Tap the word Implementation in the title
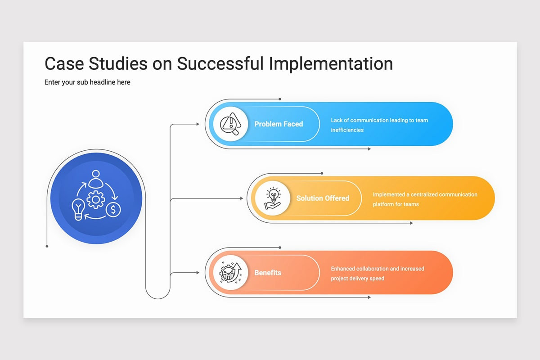point(331,64)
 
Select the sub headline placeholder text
point(87,82)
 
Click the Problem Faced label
point(279,124)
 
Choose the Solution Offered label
point(323,198)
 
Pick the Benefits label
point(268,272)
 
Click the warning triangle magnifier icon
point(230,124)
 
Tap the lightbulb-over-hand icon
point(273,198)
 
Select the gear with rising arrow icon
point(230,272)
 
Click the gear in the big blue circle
point(96,199)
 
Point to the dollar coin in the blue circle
point(113,210)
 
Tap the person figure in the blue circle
point(96,179)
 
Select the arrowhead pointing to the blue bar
point(198,124)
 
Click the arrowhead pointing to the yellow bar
point(242,198)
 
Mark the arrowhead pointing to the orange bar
point(198,272)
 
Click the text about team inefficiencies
point(379,125)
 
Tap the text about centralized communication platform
point(425,199)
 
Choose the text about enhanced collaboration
point(378,274)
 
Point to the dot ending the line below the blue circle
point(47,246)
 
